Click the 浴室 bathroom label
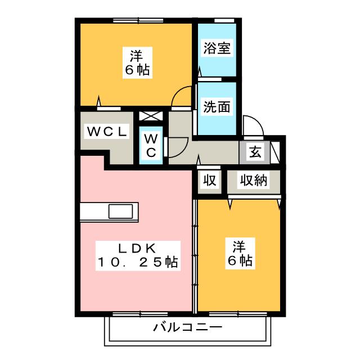point(216,48)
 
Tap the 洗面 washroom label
point(216,107)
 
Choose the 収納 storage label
point(254,181)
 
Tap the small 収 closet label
point(210,181)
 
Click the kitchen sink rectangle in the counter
point(122,212)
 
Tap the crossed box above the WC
point(151,116)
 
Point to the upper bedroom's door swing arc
point(181,96)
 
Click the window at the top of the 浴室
point(224,20)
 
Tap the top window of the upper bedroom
point(135,20)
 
